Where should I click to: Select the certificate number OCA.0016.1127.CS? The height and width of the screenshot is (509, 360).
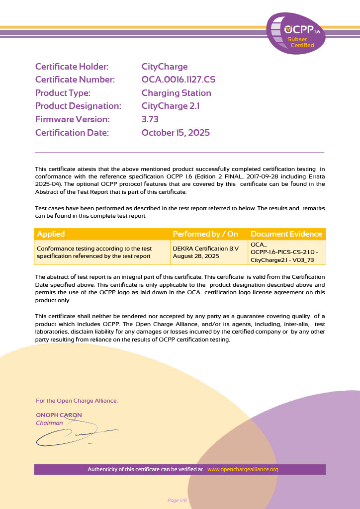click(x=179, y=80)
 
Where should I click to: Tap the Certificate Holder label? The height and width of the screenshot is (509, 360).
click(x=72, y=67)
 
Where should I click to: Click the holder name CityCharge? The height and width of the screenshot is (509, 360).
click(x=165, y=67)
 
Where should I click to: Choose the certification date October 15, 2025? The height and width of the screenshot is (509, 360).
click(x=176, y=133)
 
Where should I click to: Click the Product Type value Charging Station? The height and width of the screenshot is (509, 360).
click(x=176, y=93)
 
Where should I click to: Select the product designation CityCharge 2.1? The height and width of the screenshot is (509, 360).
click(x=171, y=106)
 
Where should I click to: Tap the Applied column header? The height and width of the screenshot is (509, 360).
click(x=51, y=234)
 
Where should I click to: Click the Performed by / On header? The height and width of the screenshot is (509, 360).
click(x=205, y=234)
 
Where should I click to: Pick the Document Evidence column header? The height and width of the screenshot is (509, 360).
click(x=286, y=234)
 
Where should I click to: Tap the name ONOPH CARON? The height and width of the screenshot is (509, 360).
click(x=59, y=415)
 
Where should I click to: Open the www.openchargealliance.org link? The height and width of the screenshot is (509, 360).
click(x=243, y=469)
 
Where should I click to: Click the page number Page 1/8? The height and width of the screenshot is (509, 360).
click(x=177, y=500)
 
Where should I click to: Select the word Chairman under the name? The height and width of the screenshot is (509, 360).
click(x=49, y=423)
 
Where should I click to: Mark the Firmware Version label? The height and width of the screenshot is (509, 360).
click(x=72, y=119)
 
